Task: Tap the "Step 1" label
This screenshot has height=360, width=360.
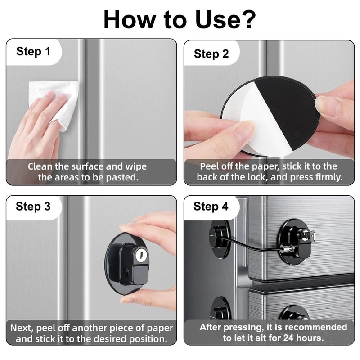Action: [x=33, y=51]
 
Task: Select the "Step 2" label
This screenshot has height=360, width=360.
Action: [x=211, y=54]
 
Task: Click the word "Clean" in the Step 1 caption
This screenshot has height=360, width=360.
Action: [x=40, y=166]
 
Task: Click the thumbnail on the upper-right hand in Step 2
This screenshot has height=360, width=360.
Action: [x=325, y=104]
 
